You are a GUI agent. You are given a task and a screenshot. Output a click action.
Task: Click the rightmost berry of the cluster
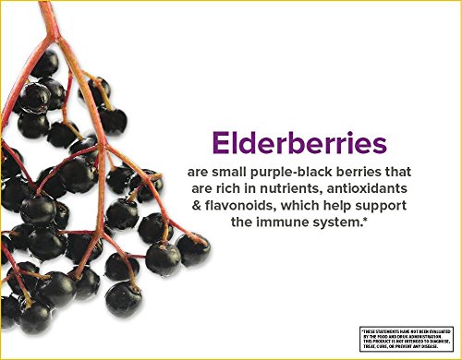coord(193,248)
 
